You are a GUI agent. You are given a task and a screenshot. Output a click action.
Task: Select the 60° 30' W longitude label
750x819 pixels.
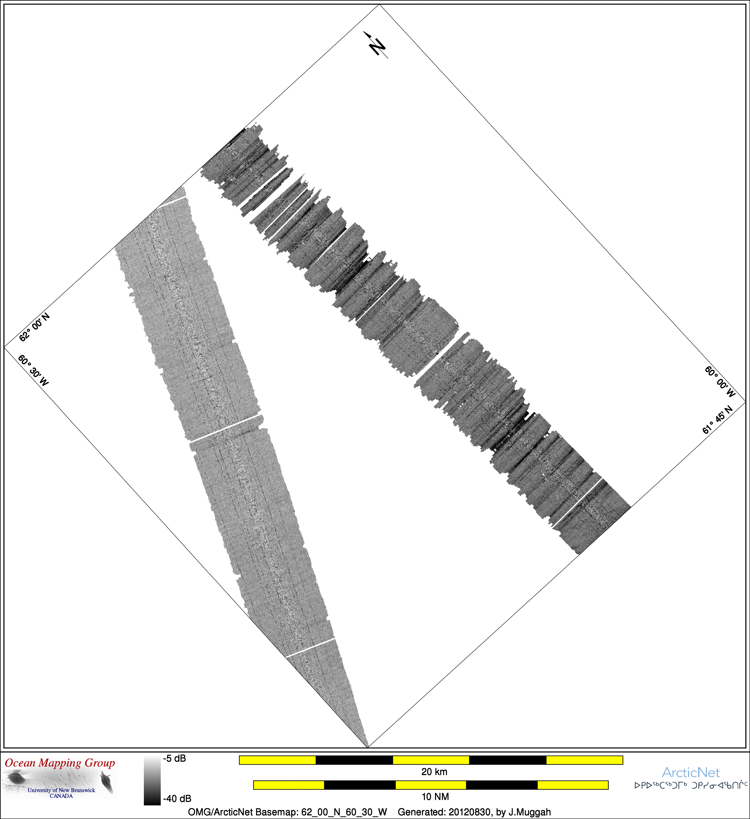[33, 370]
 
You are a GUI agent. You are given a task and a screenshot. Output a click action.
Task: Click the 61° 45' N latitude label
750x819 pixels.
[718, 420]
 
